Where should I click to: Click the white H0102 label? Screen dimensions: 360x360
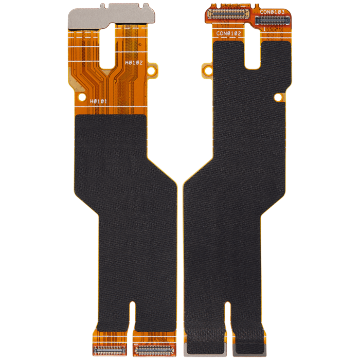pyautogui.click(x=134, y=62)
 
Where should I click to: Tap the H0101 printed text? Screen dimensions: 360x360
pyautogui.click(x=99, y=101)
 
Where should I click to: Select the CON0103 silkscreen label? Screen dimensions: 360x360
pyautogui.click(x=272, y=12)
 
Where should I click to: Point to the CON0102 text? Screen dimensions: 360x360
pyautogui.click(x=229, y=33)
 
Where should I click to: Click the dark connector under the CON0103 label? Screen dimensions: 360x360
pyautogui.click(x=273, y=21)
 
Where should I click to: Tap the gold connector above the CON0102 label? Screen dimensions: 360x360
pyautogui.click(x=228, y=14)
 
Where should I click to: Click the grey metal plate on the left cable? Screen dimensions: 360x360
pyautogui.click(x=112, y=16)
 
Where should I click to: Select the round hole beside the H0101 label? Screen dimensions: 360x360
pyautogui.click(x=82, y=97)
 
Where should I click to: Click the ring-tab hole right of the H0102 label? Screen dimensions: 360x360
pyautogui.click(x=151, y=70)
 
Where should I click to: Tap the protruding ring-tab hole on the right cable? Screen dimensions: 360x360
pyautogui.click(x=208, y=70)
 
